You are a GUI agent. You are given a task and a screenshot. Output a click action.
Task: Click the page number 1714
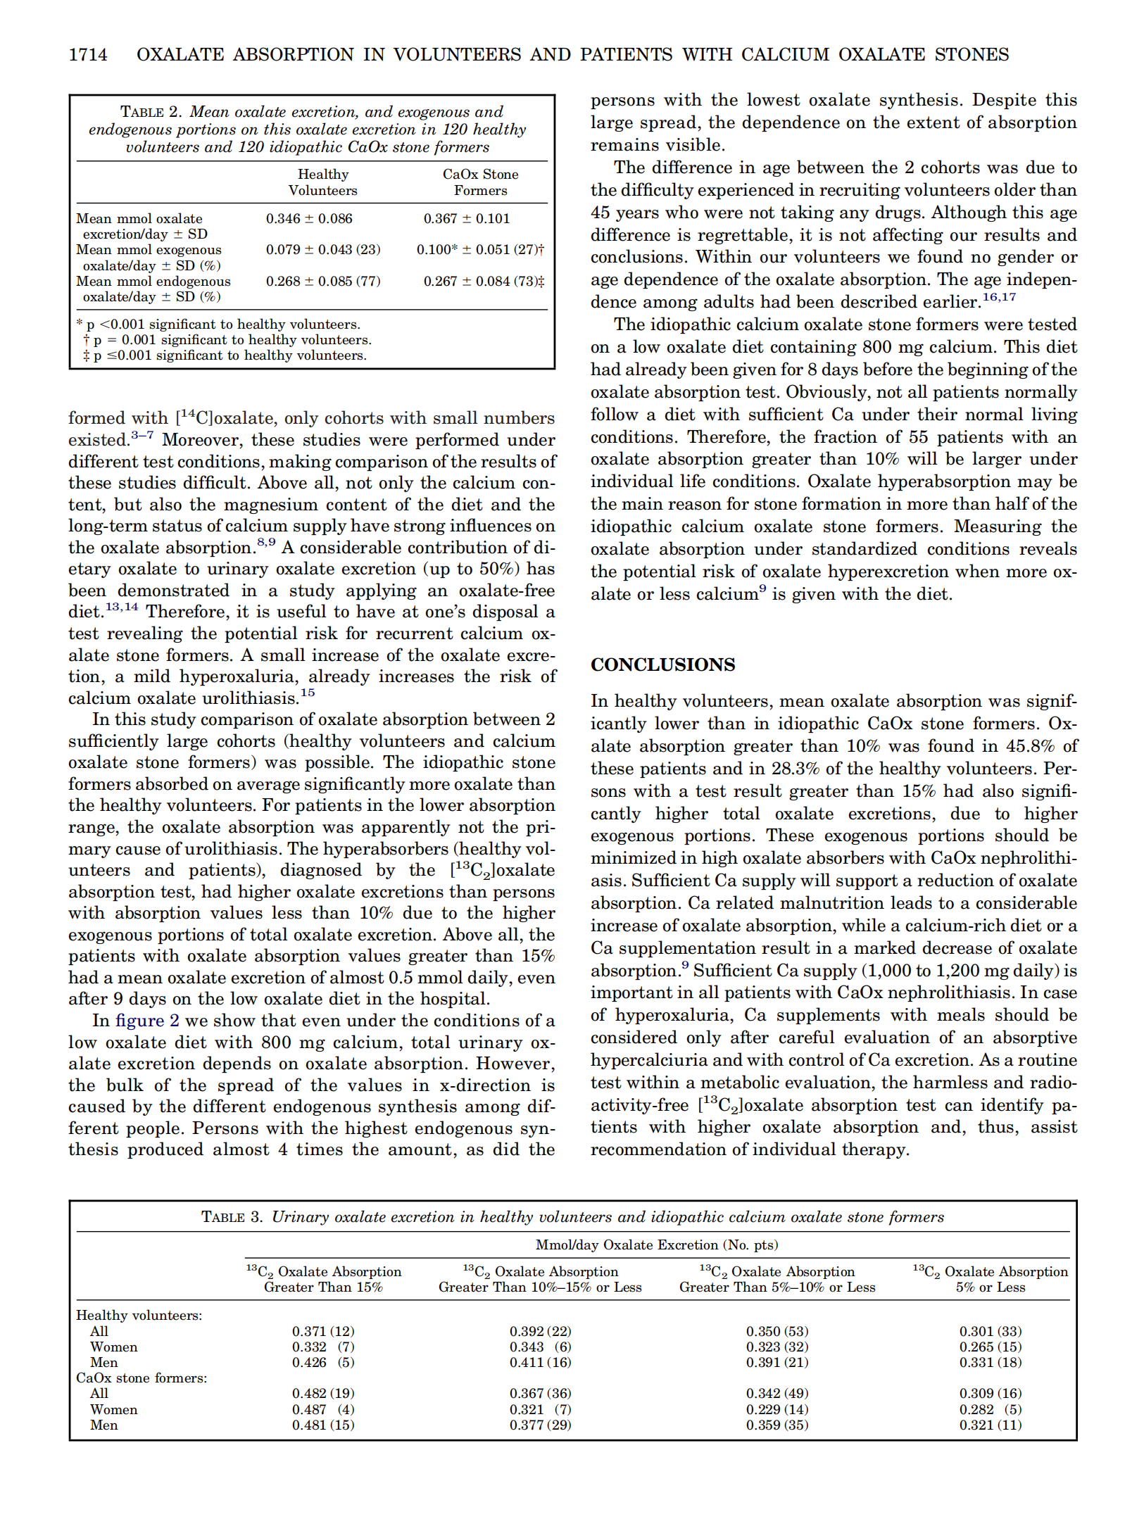click(88, 55)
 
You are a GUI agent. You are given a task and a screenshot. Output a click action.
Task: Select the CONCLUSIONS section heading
click(662, 664)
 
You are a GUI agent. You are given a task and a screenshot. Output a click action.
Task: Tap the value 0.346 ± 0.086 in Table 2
click(309, 219)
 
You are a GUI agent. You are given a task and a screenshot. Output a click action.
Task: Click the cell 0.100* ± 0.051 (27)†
click(480, 250)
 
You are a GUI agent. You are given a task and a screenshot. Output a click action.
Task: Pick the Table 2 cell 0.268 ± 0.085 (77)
click(323, 282)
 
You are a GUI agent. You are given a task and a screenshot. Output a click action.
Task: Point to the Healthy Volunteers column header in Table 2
click(323, 182)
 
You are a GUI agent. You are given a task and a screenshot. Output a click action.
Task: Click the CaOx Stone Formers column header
click(480, 182)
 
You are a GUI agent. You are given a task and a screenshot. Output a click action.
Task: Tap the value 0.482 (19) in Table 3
click(323, 1393)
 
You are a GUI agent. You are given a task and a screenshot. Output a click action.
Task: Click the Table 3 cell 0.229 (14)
click(777, 1409)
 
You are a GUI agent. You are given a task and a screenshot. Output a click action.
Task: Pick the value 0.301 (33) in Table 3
click(990, 1331)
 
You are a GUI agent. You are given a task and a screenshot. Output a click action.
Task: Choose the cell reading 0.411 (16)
click(540, 1362)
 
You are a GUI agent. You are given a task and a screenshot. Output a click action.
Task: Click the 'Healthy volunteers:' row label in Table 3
click(139, 1315)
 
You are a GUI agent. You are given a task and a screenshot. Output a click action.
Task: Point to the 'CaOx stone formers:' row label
click(142, 1378)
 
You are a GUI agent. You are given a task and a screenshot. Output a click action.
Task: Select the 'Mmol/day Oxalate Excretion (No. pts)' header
click(657, 1245)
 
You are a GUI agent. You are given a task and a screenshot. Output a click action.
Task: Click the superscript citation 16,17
click(999, 297)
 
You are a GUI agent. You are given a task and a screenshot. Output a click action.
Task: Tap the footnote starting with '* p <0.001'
click(218, 325)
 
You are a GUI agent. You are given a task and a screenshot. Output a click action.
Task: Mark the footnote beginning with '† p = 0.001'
click(227, 340)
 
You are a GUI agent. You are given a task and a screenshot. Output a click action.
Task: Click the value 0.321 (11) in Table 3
click(990, 1425)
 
